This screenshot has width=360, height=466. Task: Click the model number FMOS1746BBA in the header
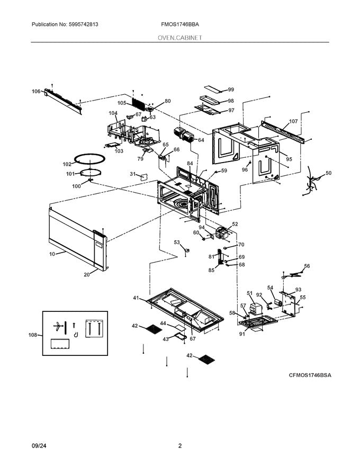(x=181, y=25)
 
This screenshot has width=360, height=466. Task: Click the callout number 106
(x=36, y=92)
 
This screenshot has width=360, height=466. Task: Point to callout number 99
(x=231, y=90)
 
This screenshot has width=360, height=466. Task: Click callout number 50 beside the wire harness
(x=328, y=173)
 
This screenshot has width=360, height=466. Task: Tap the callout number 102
(x=68, y=164)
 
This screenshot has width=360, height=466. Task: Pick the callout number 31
(x=132, y=174)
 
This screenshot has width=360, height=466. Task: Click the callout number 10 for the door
(x=52, y=255)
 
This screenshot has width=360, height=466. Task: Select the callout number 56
(x=307, y=266)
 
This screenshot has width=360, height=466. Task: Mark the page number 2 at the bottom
(x=180, y=446)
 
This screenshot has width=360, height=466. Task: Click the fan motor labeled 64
(x=183, y=136)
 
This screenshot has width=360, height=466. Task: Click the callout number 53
(x=177, y=242)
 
